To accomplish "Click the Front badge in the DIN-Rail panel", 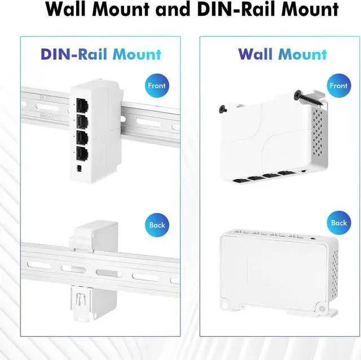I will point(157,86).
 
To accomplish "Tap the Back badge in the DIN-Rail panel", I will point(157,225).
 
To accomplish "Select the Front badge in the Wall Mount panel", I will point(338,86).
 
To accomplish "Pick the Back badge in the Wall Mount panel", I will point(338,223).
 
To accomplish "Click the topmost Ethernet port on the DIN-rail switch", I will point(82,104).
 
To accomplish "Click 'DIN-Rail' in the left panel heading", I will point(74,55).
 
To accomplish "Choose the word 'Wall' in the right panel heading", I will point(256,55).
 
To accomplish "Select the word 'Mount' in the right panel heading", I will point(302,55).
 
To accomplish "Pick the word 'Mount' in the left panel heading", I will point(137,55).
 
